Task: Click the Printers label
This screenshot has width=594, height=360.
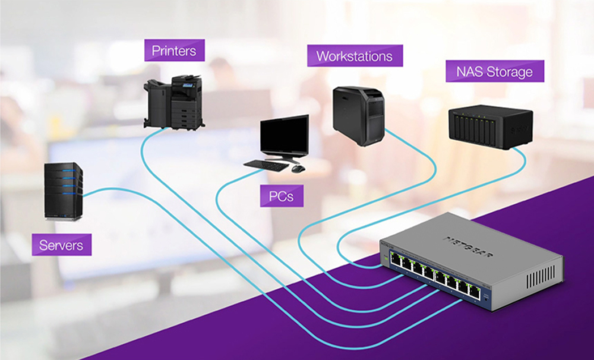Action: (174, 50)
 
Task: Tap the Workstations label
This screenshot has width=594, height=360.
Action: (354, 56)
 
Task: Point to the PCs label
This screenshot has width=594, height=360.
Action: (282, 195)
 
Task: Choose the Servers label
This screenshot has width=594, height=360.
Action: (61, 244)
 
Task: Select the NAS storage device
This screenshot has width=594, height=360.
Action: (489, 126)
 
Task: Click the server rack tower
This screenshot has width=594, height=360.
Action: (64, 191)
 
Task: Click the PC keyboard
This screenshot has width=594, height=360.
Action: (266, 165)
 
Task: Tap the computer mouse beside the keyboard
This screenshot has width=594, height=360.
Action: (298, 168)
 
